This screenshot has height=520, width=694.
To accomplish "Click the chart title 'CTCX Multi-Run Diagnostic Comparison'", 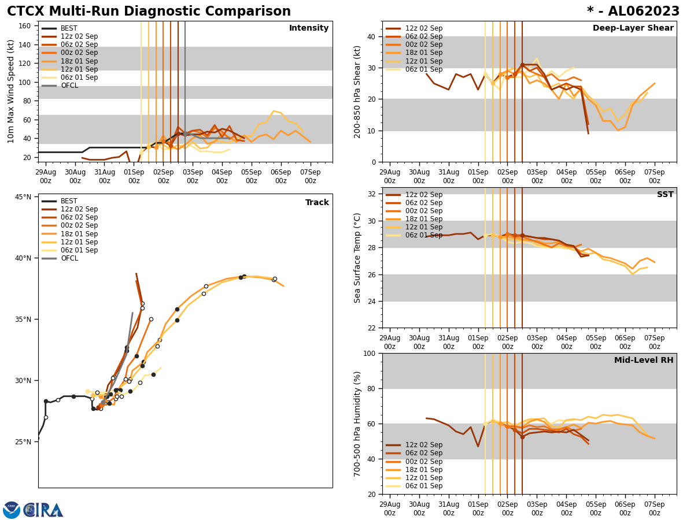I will pos(149,12).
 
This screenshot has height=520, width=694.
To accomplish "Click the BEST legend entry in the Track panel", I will pos(69,202).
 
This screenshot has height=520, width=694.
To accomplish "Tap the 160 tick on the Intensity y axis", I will pos(25,26).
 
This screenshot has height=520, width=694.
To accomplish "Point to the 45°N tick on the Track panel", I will pos(23,197).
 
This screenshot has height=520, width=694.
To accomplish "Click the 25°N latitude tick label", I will pos(23,442).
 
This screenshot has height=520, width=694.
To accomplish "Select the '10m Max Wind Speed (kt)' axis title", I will pos(11,91).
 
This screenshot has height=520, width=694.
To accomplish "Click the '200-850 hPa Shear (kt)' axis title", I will pos(357,91).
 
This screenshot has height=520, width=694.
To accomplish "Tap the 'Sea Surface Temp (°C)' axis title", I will pos(357,258).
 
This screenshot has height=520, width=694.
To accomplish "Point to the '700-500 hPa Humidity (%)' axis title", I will pos(357,424).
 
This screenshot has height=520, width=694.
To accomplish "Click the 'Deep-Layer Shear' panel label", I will pos(633,28).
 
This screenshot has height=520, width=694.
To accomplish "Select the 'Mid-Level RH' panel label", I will pos(643,361).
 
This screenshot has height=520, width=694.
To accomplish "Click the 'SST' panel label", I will pos(665,195).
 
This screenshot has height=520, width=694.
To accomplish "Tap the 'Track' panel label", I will pos(316,203).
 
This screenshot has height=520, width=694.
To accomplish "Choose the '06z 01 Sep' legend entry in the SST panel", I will pos(423,235).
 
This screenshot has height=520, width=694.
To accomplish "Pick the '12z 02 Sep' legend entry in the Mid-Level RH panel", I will pos(423,445).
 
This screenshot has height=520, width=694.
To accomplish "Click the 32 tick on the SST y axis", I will pos(371,194).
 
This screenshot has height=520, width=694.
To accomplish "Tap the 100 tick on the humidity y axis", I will pos(368,353).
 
